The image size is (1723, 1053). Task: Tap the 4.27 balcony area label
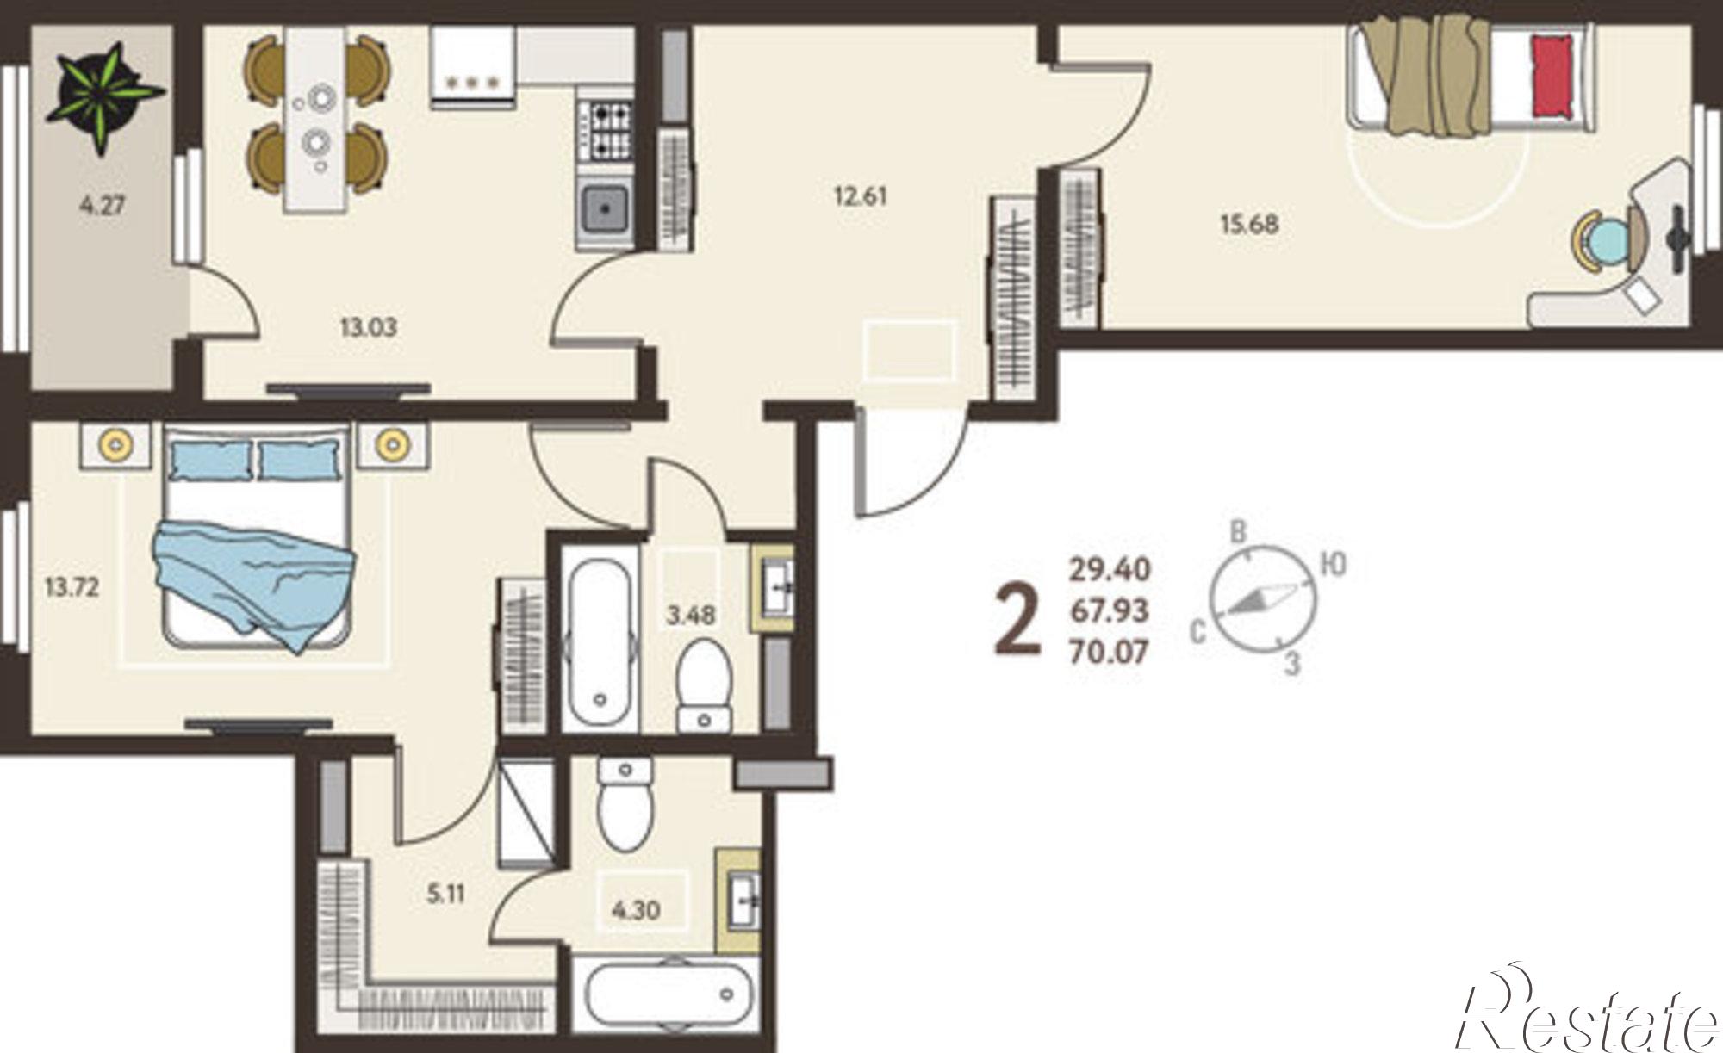click(x=103, y=207)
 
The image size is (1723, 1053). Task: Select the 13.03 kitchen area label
click(x=368, y=327)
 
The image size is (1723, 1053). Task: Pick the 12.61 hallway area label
click(x=860, y=195)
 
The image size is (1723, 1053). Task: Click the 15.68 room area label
click(x=1249, y=225)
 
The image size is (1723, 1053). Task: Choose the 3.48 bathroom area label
click(x=691, y=616)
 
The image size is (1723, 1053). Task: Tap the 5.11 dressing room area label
click(x=445, y=895)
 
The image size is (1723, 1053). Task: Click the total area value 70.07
click(x=1109, y=653)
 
